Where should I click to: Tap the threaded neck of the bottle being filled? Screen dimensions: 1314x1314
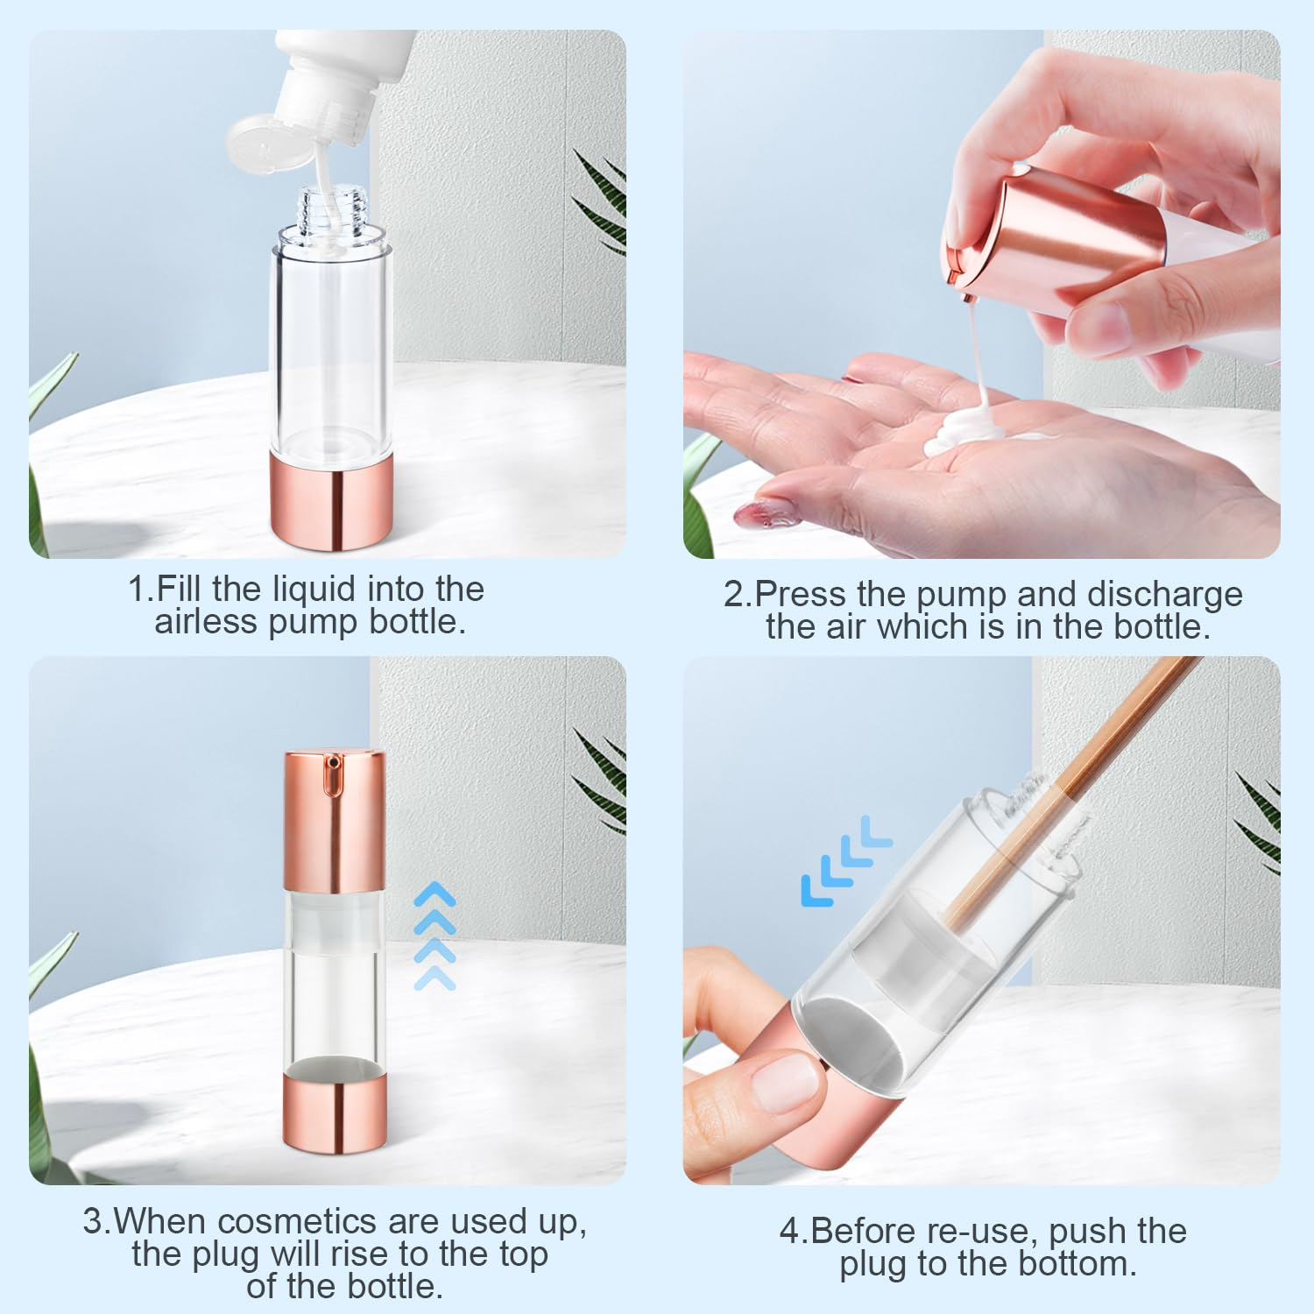(x=332, y=210)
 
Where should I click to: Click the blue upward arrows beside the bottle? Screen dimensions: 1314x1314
(x=435, y=937)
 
